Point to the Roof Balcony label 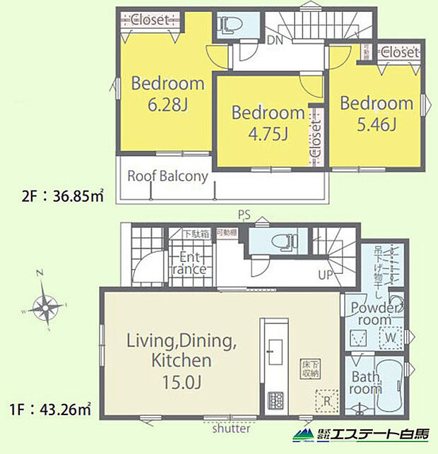tap(167, 176)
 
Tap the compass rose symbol tap(46, 306)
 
